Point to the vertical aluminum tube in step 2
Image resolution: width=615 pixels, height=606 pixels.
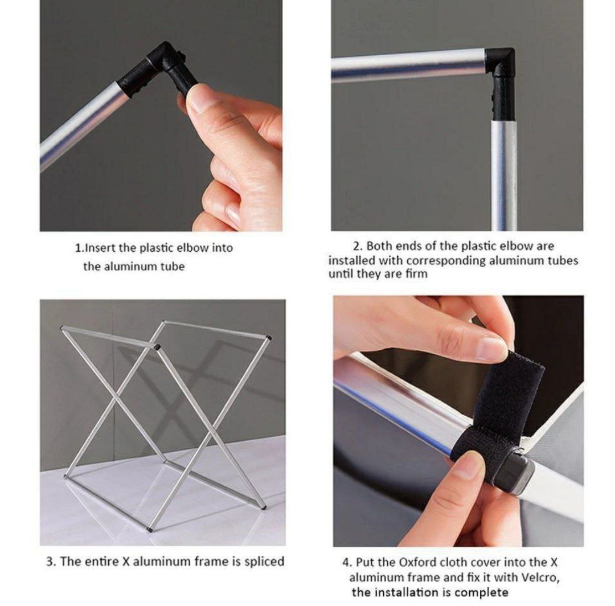pos(503,175)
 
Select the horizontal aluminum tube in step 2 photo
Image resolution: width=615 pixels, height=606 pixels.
pos(408,65)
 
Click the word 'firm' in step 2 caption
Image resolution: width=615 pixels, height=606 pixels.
pos(416,273)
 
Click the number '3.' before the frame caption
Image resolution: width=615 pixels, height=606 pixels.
pos(51,561)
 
